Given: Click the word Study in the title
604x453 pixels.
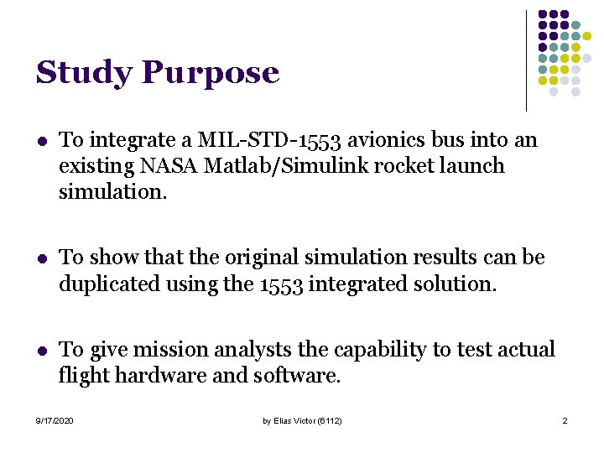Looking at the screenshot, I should [x=84, y=74].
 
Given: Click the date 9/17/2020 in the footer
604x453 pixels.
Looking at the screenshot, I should [x=55, y=420].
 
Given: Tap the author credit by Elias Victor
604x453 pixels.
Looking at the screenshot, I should [x=302, y=420].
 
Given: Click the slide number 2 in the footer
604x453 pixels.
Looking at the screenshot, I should [x=565, y=420].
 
